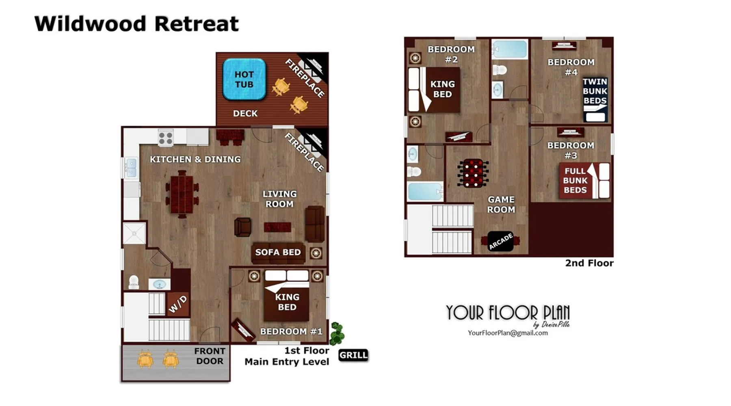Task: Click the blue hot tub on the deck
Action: [244, 79]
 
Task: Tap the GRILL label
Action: [353, 355]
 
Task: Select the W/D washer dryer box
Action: [178, 304]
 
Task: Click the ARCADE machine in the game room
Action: [500, 241]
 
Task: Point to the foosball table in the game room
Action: [473, 173]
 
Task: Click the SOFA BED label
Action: [278, 252]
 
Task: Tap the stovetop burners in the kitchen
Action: [166, 138]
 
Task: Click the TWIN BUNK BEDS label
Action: [595, 91]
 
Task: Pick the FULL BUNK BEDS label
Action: [575, 180]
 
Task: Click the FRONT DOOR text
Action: [210, 356]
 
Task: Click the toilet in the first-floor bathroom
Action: [134, 282]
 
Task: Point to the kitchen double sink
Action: [131, 168]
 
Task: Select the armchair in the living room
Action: [242, 227]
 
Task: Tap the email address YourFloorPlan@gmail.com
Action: [508, 333]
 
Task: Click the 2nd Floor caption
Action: [589, 263]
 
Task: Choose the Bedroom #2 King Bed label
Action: [442, 89]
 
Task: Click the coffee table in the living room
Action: [277, 227]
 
